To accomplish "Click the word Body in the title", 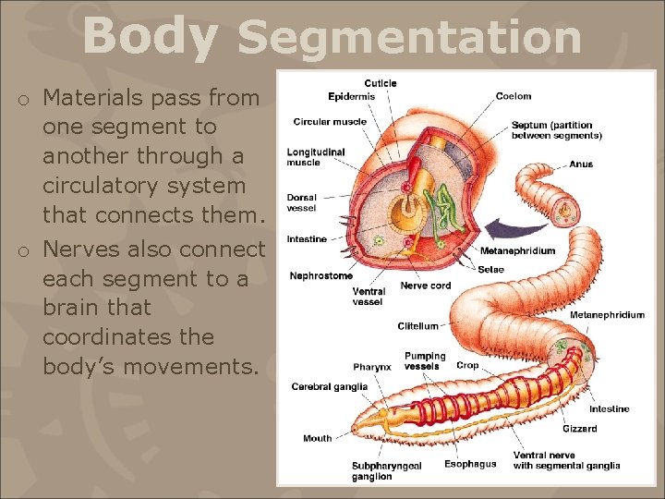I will point(151,36).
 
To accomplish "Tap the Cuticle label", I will point(381,83).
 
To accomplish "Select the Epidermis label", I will point(351,95).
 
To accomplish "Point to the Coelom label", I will point(514,96).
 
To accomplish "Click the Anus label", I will point(581,164).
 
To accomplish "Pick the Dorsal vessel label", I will point(303,202).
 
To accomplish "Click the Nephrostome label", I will point(320,275).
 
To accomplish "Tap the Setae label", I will point(490,270).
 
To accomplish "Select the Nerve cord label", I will point(426,286).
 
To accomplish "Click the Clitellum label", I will point(417,326).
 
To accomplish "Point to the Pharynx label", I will point(372,366).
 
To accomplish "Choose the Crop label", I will point(467,365).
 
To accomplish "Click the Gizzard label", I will point(579,429).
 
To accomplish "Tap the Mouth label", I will point(317,438).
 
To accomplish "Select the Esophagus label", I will point(470,464).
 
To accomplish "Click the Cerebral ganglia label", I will point(329,386).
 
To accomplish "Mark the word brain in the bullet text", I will point(71,308).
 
